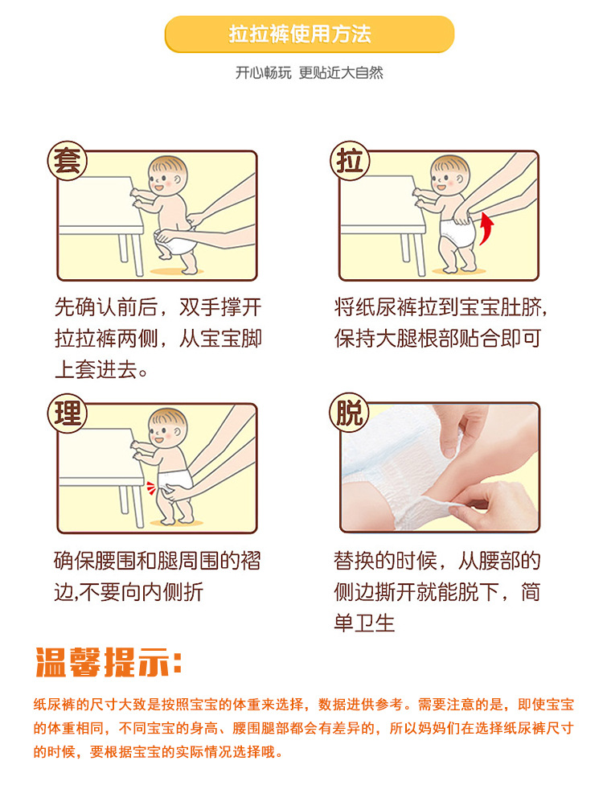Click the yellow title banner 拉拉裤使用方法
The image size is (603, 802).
click(x=310, y=35)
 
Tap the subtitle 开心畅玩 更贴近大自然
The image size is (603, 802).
click(x=310, y=72)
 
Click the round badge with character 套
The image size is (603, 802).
click(x=67, y=161)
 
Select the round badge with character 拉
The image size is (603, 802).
click(x=350, y=161)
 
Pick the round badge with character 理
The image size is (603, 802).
click(x=67, y=413)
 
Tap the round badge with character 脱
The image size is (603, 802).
click(x=350, y=412)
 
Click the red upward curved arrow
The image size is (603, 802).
click(x=486, y=229)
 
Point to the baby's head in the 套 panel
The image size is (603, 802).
click(x=167, y=175)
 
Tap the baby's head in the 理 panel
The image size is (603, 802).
click(x=167, y=428)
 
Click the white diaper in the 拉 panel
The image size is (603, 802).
click(x=458, y=232)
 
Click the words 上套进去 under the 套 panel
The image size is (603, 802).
click(x=96, y=369)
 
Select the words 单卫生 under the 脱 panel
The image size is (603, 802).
click(x=364, y=623)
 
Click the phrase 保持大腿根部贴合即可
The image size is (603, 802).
click(x=437, y=338)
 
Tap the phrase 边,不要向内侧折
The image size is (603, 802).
click(x=129, y=592)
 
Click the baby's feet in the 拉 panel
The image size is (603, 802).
click(x=459, y=266)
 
